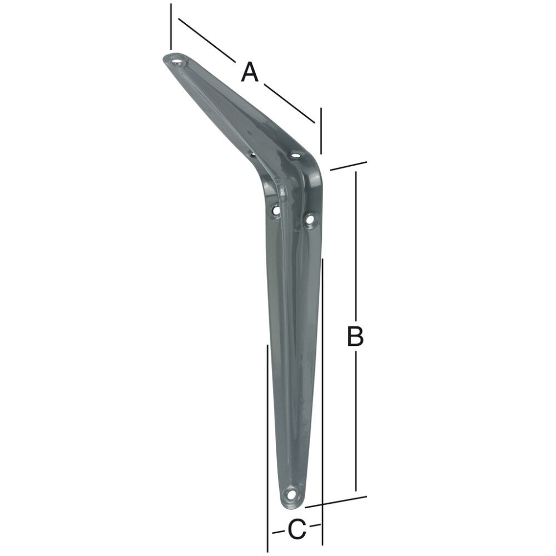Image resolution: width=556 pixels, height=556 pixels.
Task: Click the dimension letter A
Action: click(x=250, y=72)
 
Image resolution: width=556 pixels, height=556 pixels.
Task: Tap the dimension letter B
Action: click(x=355, y=336)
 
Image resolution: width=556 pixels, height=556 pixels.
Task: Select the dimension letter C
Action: click(x=297, y=529)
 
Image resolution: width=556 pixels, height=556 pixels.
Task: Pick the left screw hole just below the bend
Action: click(x=275, y=210)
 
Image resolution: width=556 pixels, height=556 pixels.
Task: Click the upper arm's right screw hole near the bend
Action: click(x=295, y=153)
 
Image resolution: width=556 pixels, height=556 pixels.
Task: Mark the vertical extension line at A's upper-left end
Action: click(x=171, y=27)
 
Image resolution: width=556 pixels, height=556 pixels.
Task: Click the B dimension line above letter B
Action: click(x=356, y=245)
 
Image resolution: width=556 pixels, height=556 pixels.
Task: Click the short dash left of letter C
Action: click(x=277, y=532)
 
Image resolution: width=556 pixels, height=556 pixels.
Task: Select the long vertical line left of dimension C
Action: click(x=268, y=434)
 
